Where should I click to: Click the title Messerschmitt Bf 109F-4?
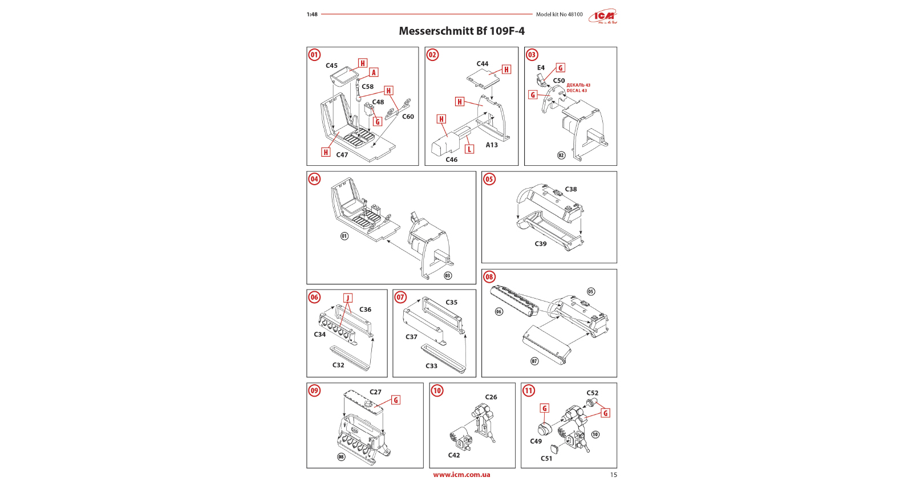click(x=461, y=31)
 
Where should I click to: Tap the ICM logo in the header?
click(x=603, y=17)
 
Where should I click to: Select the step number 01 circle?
click(x=314, y=55)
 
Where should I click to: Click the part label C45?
click(x=331, y=66)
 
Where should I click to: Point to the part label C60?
click(x=408, y=116)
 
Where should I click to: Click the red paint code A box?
click(x=374, y=72)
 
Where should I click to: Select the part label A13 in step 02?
click(x=492, y=145)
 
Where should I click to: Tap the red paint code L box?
click(x=469, y=149)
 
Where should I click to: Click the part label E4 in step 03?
click(x=541, y=67)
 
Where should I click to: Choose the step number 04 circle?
click(x=314, y=179)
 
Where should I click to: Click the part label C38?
click(x=571, y=189)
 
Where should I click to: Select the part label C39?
click(x=540, y=243)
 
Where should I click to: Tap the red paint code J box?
click(x=348, y=298)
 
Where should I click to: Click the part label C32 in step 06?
click(x=338, y=365)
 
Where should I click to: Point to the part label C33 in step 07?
click(x=431, y=366)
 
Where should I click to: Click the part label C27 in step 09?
click(x=375, y=392)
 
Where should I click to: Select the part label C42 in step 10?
click(x=453, y=455)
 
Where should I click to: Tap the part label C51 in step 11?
click(x=546, y=458)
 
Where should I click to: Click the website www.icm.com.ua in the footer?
click(x=461, y=475)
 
